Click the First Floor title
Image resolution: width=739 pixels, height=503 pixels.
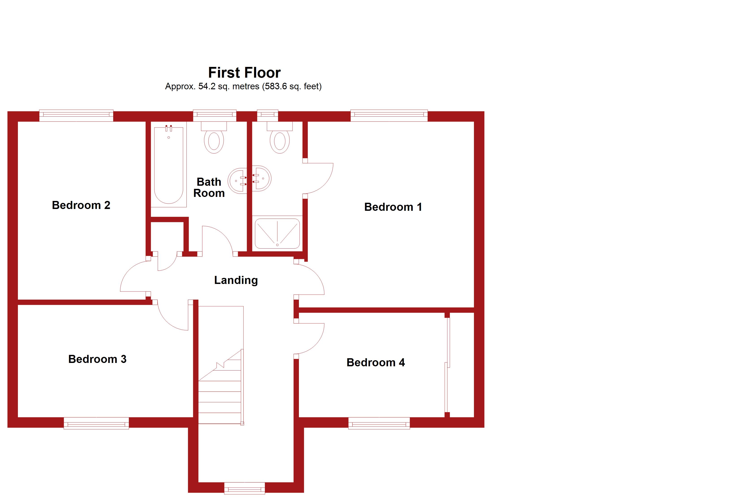244,73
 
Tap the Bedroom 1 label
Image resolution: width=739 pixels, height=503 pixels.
393,207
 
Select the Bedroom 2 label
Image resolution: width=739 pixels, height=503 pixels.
81,205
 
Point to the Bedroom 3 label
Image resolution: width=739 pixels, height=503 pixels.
97,359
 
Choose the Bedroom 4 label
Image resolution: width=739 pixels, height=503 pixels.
376,362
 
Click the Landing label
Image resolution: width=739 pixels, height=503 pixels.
236,280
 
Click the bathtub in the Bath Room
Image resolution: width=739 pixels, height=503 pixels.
169,165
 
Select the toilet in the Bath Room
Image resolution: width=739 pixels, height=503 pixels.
214,140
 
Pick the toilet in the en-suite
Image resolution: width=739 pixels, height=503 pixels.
279,140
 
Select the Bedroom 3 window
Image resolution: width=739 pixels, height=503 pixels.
96,423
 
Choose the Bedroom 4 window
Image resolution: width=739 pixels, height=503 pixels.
379,423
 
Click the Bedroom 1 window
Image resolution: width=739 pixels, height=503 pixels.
389,116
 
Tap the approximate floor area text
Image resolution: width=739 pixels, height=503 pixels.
243,86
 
